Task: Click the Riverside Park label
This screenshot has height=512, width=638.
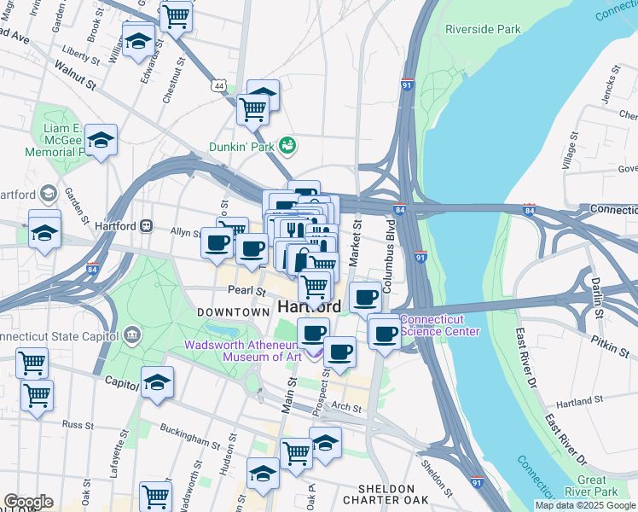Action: (483, 29)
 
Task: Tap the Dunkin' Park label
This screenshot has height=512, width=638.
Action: (242, 147)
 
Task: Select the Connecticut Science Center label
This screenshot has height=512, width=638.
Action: (440, 326)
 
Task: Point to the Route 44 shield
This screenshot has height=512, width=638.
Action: (219, 86)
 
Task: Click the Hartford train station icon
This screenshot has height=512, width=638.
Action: (146, 226)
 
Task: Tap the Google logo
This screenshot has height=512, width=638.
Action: (27, 502)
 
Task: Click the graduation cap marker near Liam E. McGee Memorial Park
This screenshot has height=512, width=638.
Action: (101, 138)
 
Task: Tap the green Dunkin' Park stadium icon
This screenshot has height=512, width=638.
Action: (287, 146)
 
